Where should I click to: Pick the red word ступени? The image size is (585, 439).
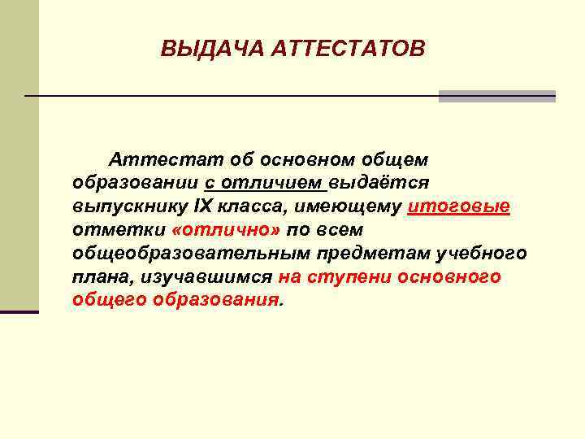(352, 277)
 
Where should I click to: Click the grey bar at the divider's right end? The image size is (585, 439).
(496, 96)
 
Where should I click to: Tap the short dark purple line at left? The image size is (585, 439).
(19, 311)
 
